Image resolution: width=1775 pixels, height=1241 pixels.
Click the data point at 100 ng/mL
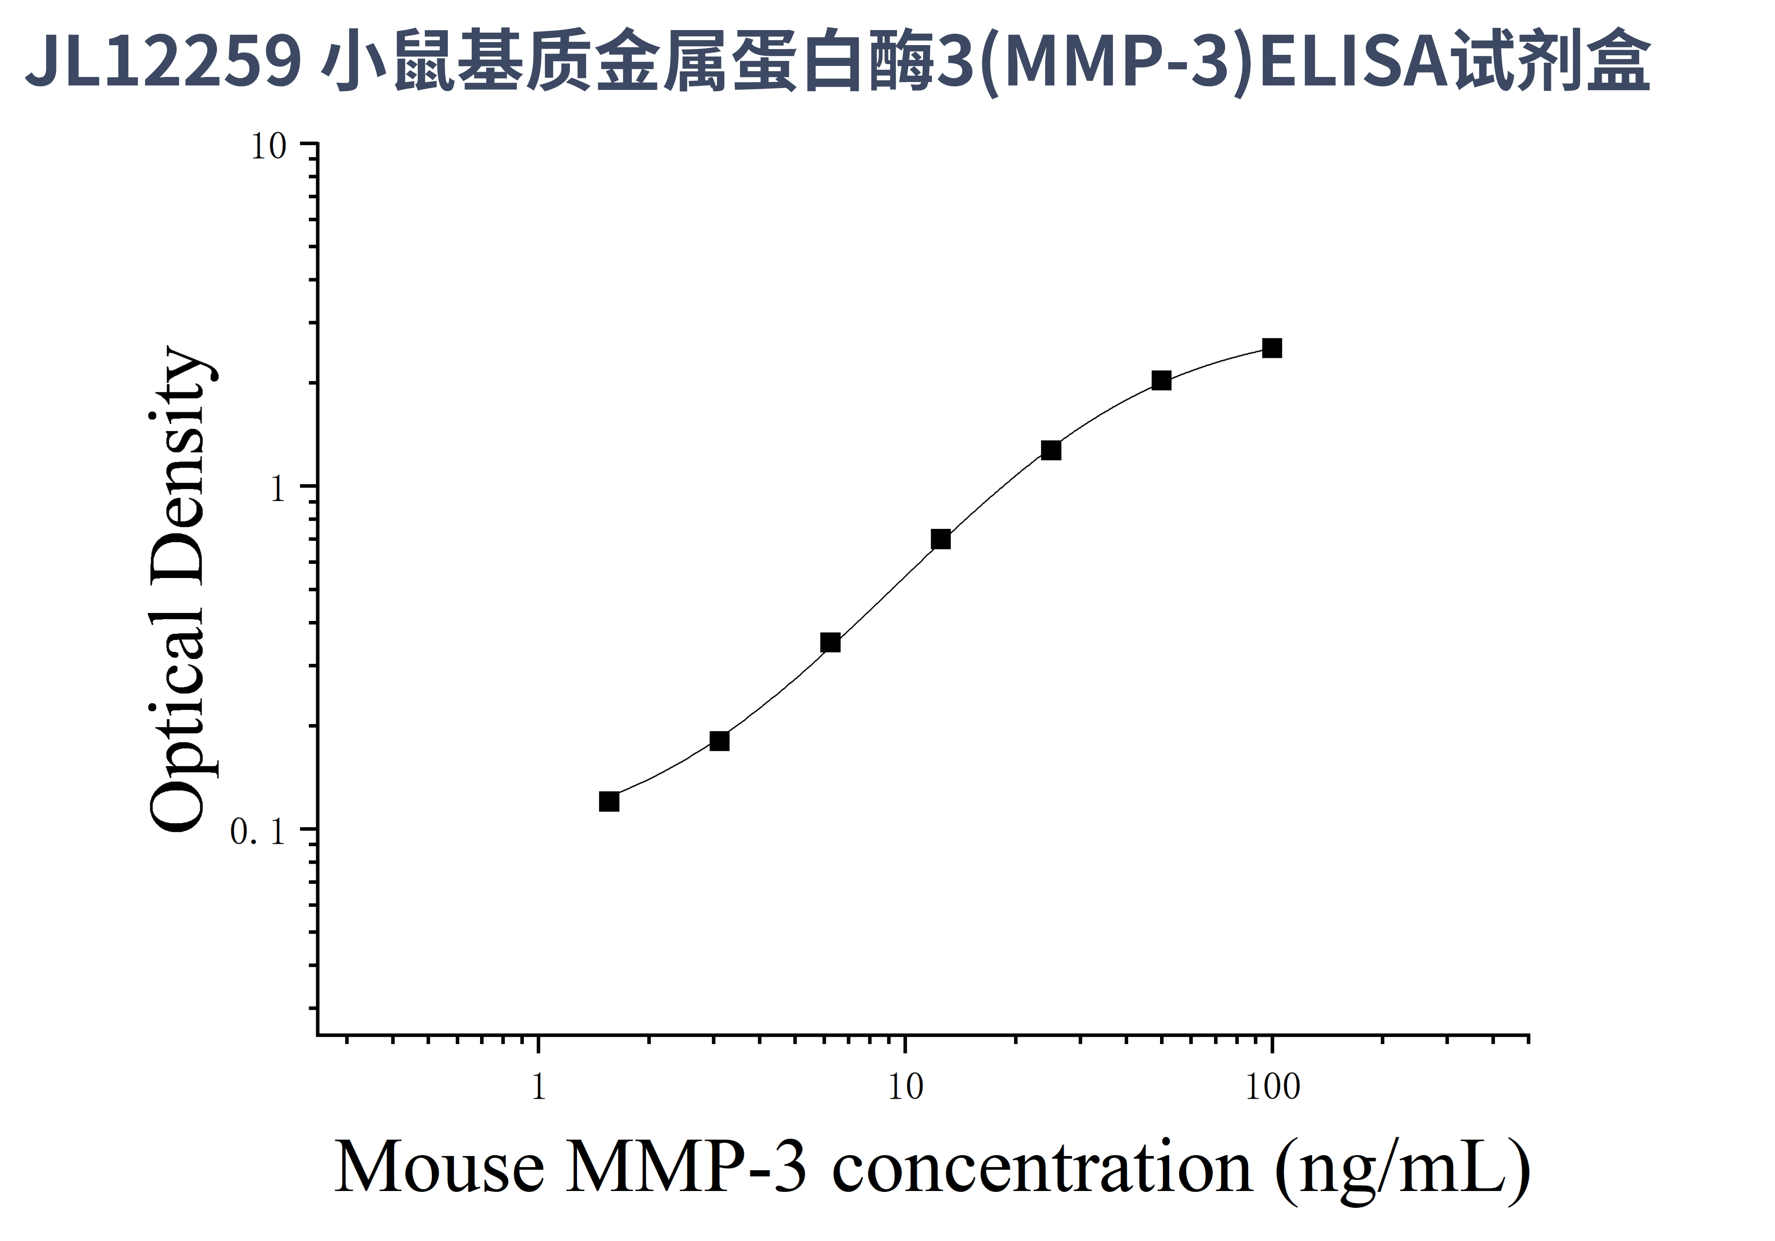(x=1272, y=348)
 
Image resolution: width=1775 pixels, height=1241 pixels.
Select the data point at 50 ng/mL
(x=1161, y=380)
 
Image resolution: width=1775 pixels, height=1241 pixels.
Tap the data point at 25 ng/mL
(x=1050, y=450)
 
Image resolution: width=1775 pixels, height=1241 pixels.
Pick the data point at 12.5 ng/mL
(x=941, y=539)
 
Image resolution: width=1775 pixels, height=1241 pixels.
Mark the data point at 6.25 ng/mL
(x=830, y=643)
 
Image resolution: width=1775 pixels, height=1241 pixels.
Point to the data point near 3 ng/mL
(x=720, y=741)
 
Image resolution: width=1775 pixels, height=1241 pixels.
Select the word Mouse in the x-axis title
(x=439, y=1168)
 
